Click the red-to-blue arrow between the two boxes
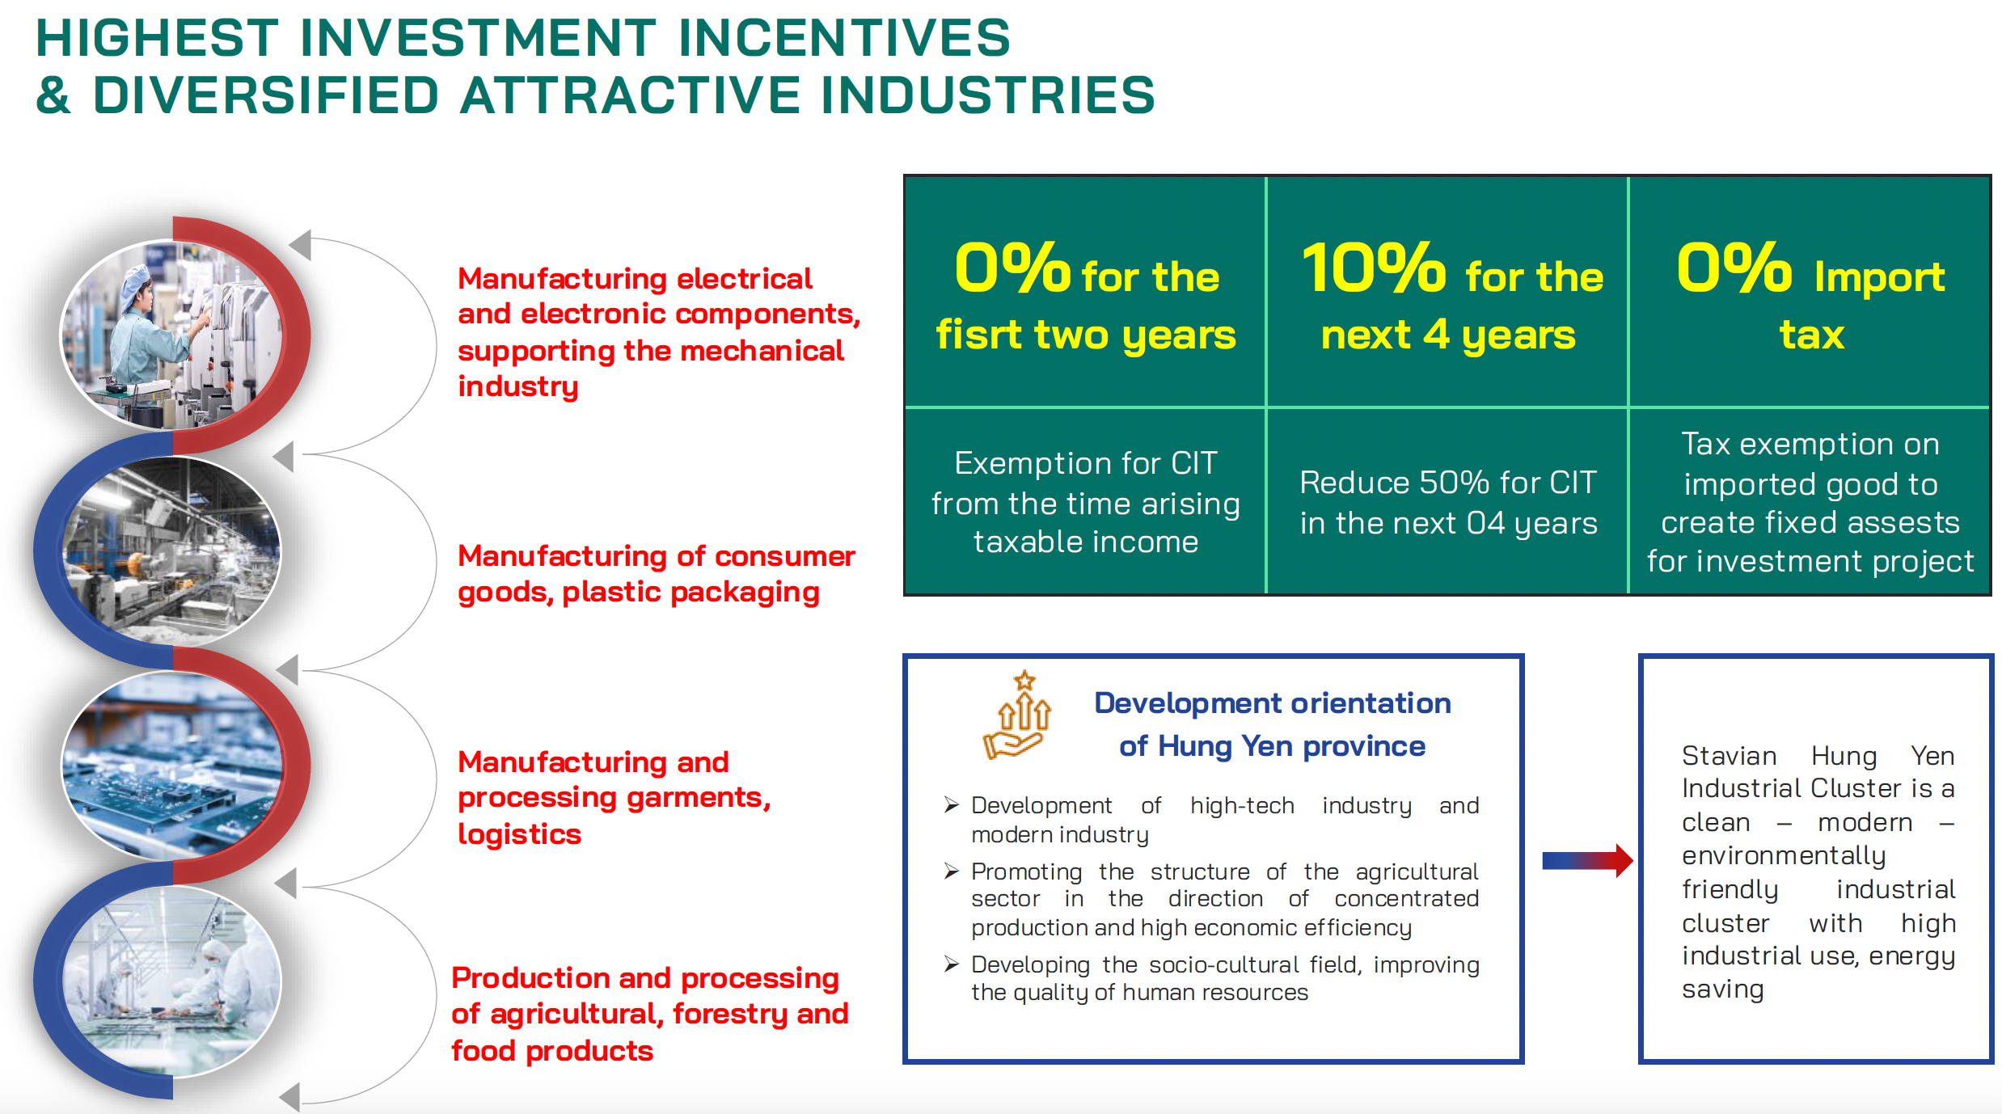coord(1586,860)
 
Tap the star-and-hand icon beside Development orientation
coord(1017,715)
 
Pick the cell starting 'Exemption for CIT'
coord(1085,502)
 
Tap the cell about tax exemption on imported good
coord(1810,502)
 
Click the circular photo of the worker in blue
coord(172,334)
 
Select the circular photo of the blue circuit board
coord(172,765)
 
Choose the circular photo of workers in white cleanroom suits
coord(172,981)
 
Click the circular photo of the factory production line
coord(172,551)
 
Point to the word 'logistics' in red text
coord(519,833)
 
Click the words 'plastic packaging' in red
coord(691,593)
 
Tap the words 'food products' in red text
coord(552,1050)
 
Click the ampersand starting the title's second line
coord(53,95)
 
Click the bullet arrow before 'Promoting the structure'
coord(952,871)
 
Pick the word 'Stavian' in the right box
coord(1729,755)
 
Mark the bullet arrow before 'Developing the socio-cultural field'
coord(952,964)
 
